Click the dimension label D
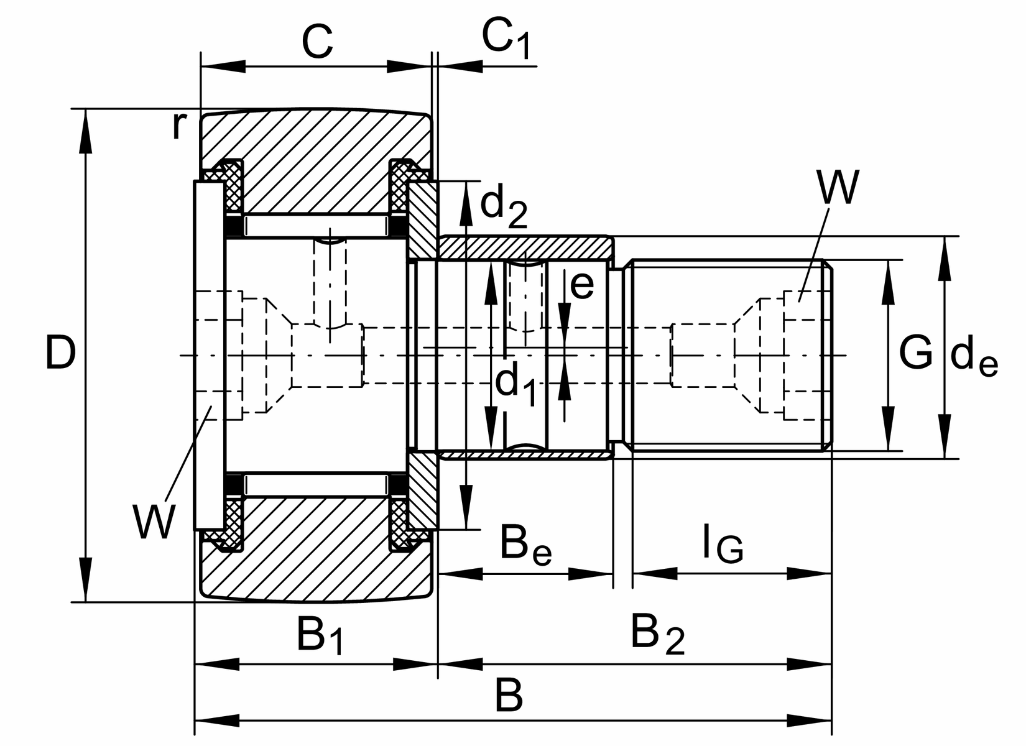point(60,354)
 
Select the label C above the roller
point(317,42)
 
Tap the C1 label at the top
point(507,41)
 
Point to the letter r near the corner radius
point(178,126)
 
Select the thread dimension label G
point(916,353)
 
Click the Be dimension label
point(525,546)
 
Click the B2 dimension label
point(657,634)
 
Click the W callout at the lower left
point(153,522)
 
